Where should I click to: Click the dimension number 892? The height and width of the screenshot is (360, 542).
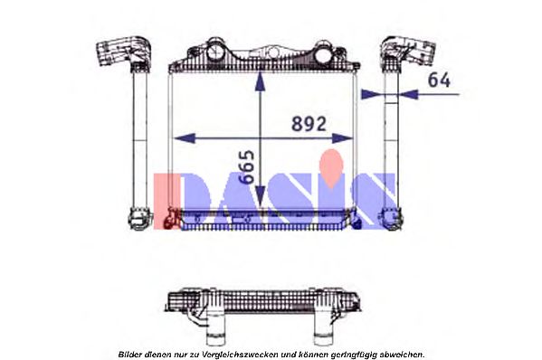click(x=309, y=124)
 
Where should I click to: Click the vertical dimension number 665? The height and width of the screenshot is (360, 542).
click(x=248, y=166)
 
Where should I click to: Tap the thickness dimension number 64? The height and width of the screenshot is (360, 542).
click(x=439, y=80)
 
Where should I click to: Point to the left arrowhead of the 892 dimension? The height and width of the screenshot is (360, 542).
click(x=185, y=138)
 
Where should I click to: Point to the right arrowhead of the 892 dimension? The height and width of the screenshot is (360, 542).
click(x=342, y=138)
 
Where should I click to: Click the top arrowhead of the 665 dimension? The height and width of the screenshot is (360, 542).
click(x=260, y=81)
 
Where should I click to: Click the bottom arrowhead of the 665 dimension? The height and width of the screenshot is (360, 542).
click(x=260, y=197)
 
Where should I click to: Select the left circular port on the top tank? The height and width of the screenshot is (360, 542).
click(x=216, y=52)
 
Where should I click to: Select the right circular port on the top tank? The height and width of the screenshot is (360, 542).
click(x=324, y=54)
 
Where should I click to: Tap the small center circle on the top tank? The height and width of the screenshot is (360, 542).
click(x=273, y=52)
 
